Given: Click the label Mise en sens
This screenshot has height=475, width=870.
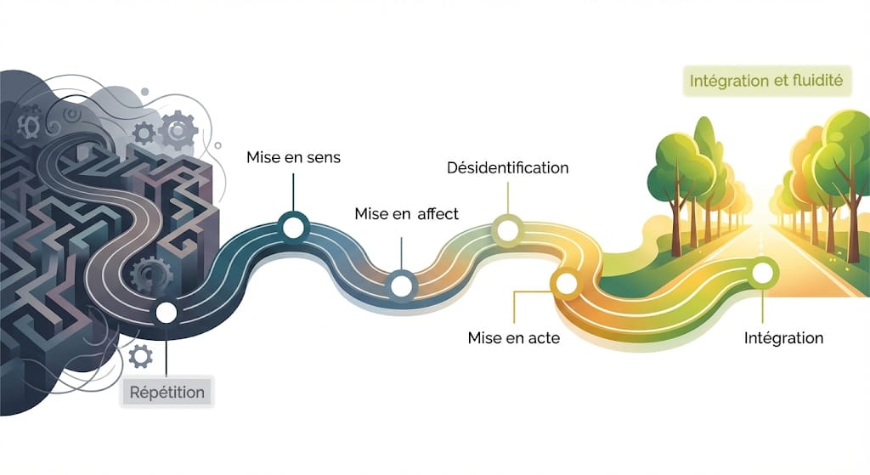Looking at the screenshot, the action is point(292,157).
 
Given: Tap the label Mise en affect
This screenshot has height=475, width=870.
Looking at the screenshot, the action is point(406,213).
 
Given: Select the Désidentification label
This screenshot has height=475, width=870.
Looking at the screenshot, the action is point(507,167).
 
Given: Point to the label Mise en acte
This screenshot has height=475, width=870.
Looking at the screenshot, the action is point(513,337).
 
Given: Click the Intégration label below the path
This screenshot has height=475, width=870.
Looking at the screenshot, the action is point(782,337).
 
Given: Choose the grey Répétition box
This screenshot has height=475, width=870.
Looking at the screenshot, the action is point(167,393).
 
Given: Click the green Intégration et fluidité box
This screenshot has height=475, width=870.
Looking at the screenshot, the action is point(765,82).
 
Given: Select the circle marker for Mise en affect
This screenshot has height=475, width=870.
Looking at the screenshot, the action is point(400,285).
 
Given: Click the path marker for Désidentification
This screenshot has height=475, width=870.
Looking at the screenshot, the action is point(507,229).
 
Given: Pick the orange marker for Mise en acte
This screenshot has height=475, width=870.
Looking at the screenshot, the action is point(563,280).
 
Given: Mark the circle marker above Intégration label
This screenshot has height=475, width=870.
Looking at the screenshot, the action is point(763,273).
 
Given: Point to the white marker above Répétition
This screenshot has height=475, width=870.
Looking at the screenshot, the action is point(167,313).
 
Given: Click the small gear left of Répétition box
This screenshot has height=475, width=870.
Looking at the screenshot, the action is point(141,354).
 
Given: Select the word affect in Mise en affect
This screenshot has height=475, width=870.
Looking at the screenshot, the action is point(438,213).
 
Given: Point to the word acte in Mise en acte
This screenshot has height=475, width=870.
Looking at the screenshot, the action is point(543,337).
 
